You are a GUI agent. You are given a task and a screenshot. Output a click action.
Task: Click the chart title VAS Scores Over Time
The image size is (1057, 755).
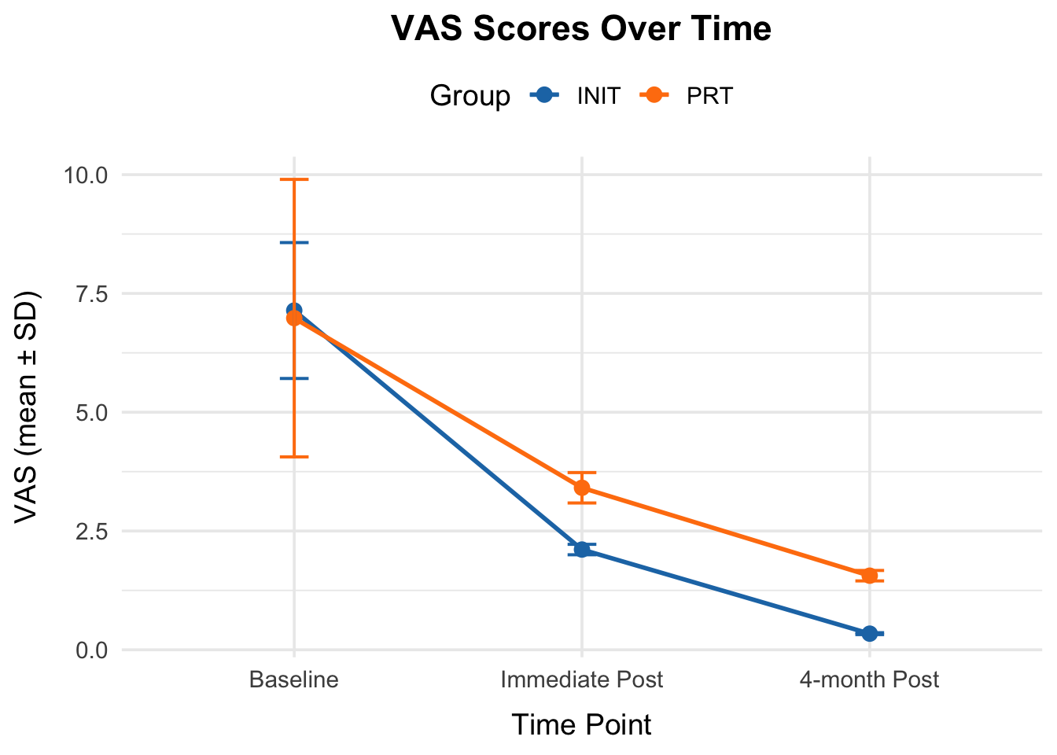(x=581, y=29)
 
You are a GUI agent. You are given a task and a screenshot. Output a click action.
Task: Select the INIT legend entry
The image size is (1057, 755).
(x=598, y=96)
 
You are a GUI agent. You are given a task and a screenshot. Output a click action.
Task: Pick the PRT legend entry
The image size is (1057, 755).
(x=709, y=96)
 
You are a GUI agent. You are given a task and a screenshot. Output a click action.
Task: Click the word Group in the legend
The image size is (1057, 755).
(x=470, y=96)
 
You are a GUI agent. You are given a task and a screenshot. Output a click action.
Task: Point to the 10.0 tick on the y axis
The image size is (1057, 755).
(x=86, y=175)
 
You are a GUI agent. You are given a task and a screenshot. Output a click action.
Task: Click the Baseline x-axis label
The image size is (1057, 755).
(x=293, y=679)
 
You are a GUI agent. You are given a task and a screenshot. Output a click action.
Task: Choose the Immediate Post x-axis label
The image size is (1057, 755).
(x=582, y=679)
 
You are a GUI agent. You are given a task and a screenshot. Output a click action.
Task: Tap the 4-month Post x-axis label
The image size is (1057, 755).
(x=869, y=679)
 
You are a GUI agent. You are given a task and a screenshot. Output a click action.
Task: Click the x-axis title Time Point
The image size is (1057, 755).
(x=581, y=724)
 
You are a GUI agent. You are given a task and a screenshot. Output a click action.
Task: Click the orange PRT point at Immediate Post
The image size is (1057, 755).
(x=582, y=488)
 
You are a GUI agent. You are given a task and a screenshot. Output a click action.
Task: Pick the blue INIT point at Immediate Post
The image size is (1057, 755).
(x=582, y=550)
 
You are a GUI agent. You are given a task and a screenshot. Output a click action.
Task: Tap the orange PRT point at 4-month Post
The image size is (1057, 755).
(x=870, y=576)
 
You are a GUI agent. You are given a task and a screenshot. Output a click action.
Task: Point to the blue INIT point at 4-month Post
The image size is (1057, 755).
(x=870, y=633)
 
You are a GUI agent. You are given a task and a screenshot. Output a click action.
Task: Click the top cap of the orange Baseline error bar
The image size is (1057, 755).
(x=294, y=179)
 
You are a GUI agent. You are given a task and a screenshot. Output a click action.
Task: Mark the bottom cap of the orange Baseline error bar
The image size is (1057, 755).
(x=294, y=456)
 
